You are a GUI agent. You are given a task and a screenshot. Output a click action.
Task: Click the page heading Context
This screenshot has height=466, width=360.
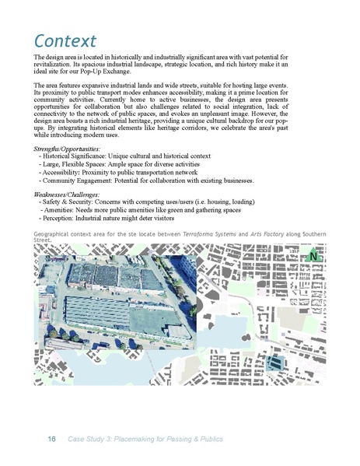(x=65, y=40)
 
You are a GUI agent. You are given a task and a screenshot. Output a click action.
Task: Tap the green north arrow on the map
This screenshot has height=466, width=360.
(x=313, y=256)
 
